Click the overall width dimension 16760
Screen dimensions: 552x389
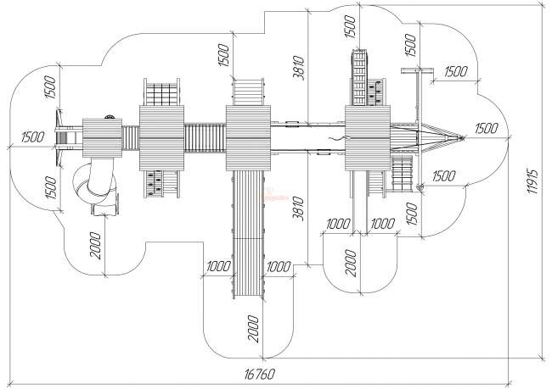click(259, 374)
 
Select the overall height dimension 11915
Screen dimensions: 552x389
click(532, 181)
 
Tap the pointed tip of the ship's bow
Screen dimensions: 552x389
click(464, 138)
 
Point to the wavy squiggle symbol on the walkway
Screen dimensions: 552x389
click(335, 139)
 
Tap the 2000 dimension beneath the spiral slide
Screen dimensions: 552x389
click(95, 246)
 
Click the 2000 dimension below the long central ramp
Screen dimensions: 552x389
click(253, 329)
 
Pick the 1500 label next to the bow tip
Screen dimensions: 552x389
click(486, 129)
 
